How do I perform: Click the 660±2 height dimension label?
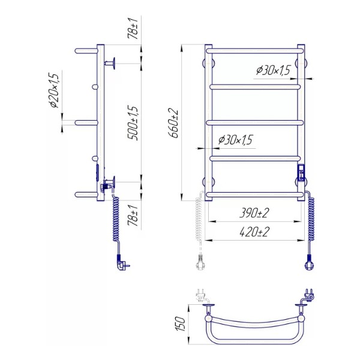pos(173,123)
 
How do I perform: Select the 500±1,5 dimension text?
pos(133,123)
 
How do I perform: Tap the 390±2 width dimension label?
pos(254,213)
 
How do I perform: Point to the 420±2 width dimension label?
pos(254,232)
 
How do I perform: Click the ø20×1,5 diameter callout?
pos(54,91)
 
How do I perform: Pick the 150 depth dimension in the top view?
pos(181,324)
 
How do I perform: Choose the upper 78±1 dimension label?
pos(133,28)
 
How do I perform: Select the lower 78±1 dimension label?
pos(133,215)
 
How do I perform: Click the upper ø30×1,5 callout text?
pos(273,70)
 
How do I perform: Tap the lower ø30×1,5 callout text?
pos(235,140)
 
